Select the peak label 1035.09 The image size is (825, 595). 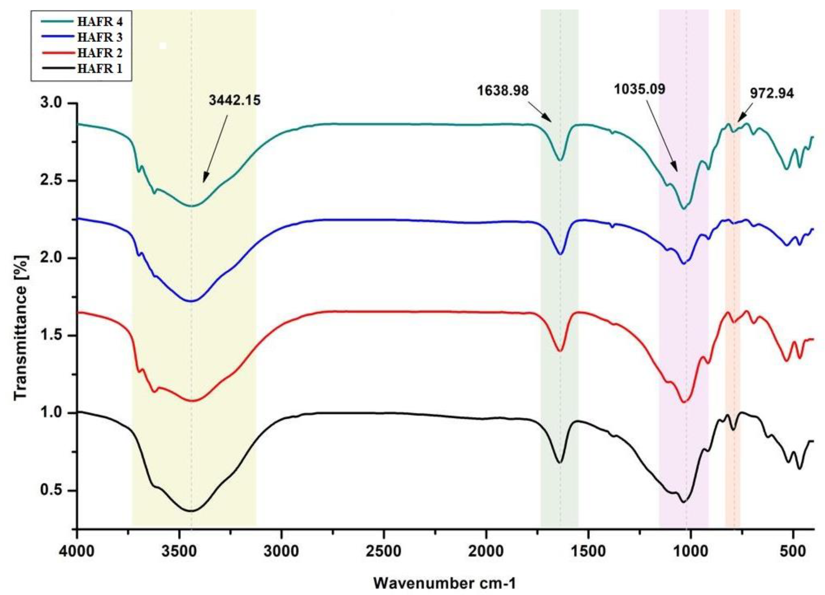(639, 89)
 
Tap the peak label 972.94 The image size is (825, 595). (772, 94)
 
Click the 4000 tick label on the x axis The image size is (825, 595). (77, 550)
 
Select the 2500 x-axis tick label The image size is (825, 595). (384, 550)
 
